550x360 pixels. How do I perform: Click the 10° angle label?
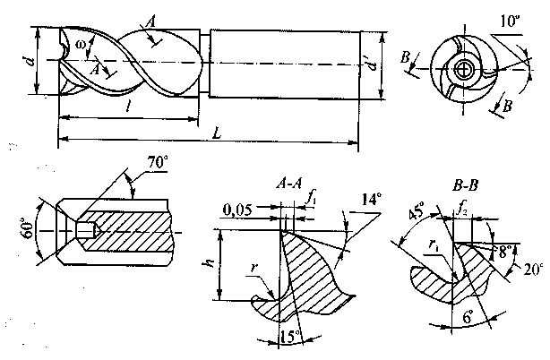(510, 21)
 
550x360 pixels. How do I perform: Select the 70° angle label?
(157, 163)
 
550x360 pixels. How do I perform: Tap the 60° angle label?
(30, 228)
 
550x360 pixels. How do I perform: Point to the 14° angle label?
(370, 200)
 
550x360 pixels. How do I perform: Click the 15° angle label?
(290, 337)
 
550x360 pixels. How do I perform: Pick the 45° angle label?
(417, 210)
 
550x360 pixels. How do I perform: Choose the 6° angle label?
(468, 317)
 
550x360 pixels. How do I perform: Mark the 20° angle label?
(533, 270)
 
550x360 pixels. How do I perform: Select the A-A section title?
(288, 184)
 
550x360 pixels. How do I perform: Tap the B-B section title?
(465, 185)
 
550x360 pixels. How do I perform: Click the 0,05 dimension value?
(236, 210)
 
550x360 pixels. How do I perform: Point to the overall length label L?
(217, 133)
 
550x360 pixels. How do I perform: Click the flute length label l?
(128, 108)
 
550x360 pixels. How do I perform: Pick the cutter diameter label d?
(30, 62)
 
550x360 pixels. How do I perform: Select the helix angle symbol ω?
(81, 45)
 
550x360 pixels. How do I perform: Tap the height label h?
(209, 264)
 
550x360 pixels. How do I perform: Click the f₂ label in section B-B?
(461, 210)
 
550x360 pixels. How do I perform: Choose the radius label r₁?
(432, 245)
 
